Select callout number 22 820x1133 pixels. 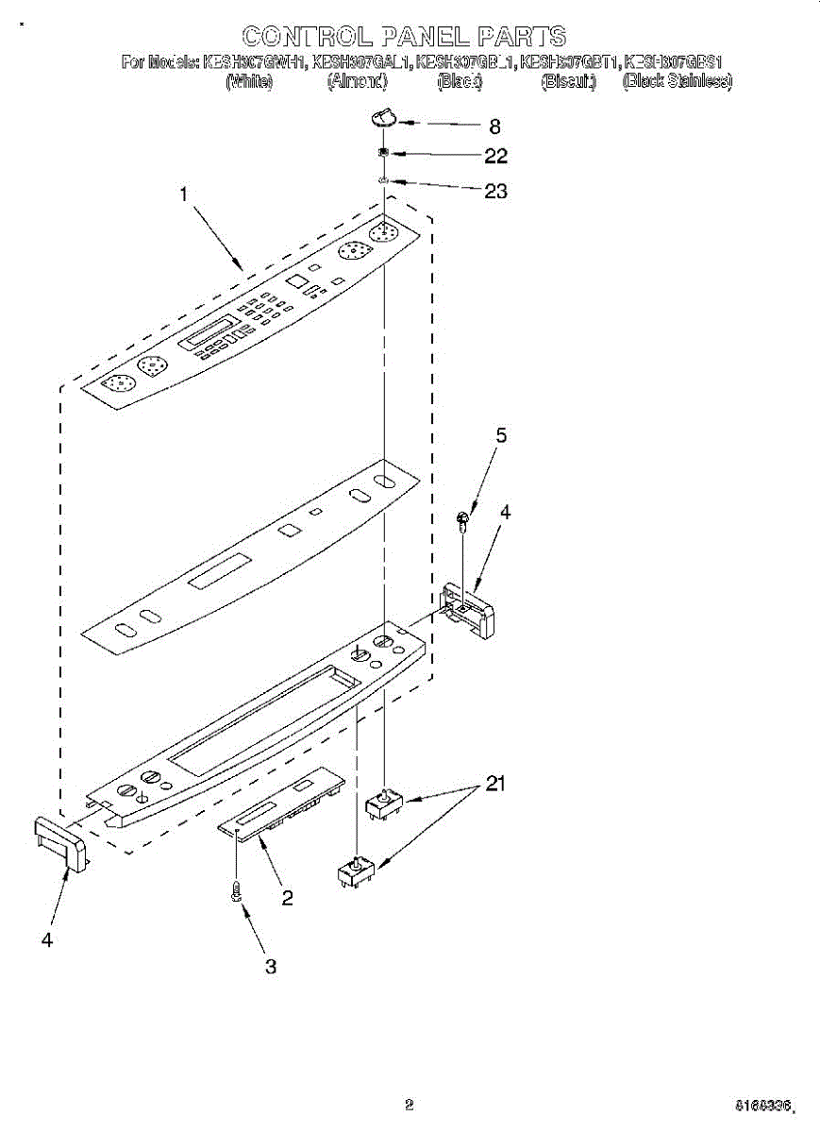pos(495,156)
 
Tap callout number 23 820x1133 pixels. pos(495,191)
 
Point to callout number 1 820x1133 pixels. pos(185,194)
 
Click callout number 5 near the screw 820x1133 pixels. pos(501,435)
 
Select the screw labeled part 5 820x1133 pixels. pos(463,518)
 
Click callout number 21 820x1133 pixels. pos(494,783)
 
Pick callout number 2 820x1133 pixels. pos(287,897)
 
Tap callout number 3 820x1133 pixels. pos(271,966)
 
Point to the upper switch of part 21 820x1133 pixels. pos(384,804)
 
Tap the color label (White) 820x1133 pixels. pos(250,82)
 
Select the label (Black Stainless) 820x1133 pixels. pos(677,82)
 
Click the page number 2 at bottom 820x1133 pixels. pos(409,1104)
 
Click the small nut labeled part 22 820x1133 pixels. pos(384,154)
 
